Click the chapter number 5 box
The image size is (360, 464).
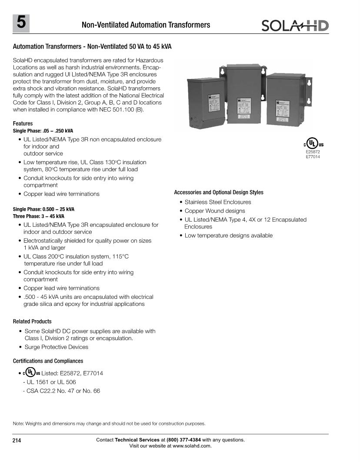click(21, 23)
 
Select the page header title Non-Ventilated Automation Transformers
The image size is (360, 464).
click(146, 25)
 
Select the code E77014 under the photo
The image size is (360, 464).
click(313, 157)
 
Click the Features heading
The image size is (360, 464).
click(23, 124)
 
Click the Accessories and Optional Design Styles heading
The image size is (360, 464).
click(219, 192)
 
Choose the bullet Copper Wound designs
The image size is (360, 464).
click(215, 211)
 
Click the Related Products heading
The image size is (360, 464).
click(32, 321)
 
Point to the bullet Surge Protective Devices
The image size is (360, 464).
click(56, 347)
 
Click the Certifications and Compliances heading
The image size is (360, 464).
click(48, 361)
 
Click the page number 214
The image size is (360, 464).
click(17, 441)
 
